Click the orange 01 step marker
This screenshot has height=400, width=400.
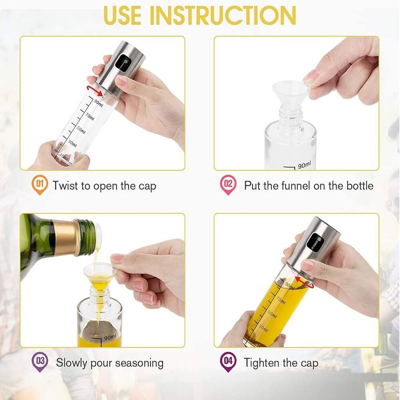tap(40, 185)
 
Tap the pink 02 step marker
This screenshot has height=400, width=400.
tap(228, 185)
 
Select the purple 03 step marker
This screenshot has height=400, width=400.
tap(40, 362)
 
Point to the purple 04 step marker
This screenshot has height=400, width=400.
tap(228, 362)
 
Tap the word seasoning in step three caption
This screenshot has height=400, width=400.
tap(139, 363)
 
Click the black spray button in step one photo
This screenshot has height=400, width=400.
tap(122, 63)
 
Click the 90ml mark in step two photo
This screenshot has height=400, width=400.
tap(304, 164)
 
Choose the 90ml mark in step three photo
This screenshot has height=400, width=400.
tap(110, 337)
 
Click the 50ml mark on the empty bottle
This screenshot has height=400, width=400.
tap(81, 130)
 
